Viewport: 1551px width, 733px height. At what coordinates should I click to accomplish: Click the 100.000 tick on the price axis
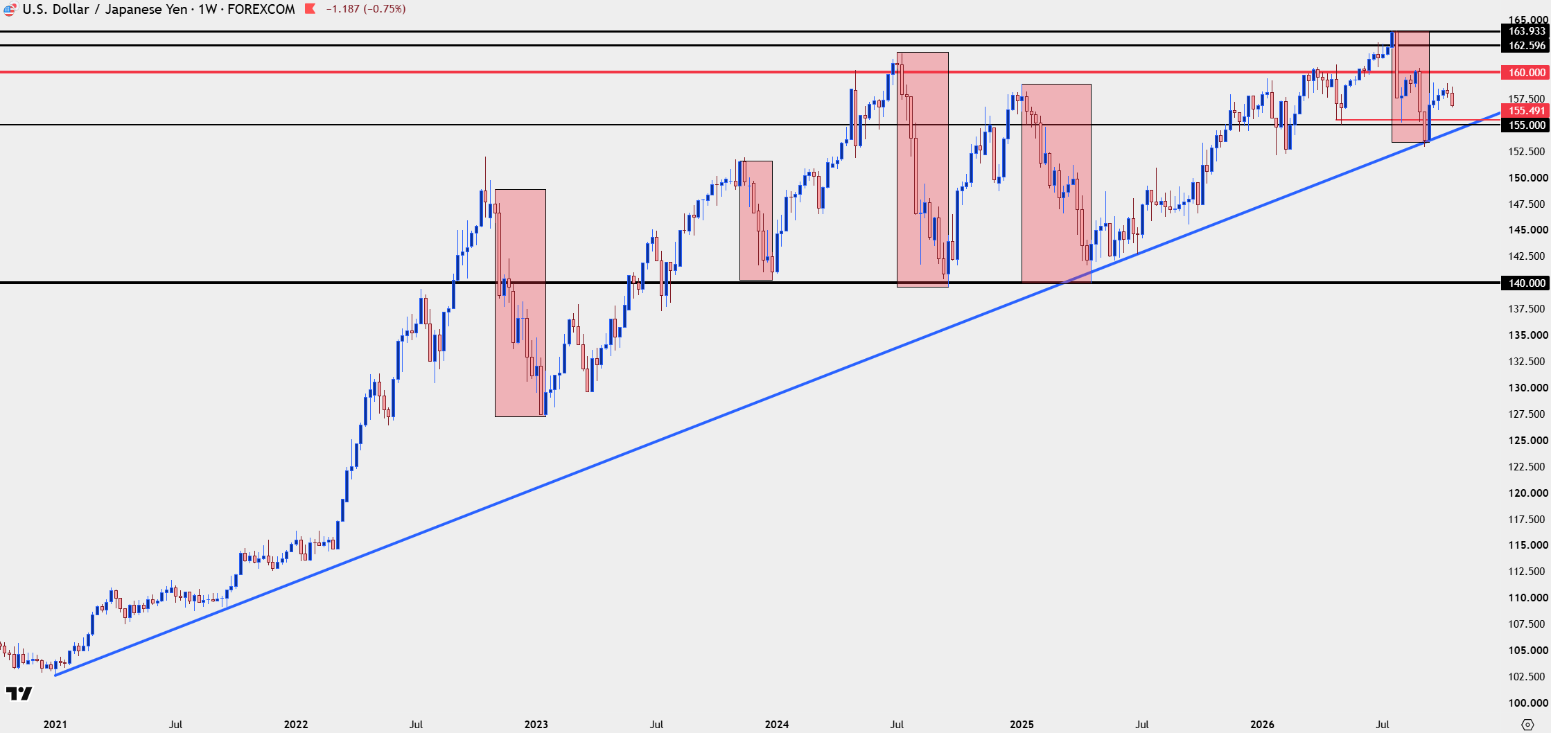pyautogui.click(x=1527, y=703)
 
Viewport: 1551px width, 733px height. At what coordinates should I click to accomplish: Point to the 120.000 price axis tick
pyautogui.click(x=1527, y=493)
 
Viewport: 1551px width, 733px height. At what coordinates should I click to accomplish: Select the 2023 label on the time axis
pyautogui.click(x=536, y=724)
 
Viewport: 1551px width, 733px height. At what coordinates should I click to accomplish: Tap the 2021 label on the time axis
pyautogui.click(x=55, y=724)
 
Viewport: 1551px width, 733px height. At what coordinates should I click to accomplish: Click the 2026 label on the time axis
pyautogui.click(x=1262, y=724)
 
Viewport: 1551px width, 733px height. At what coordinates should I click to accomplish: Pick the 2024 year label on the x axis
pyautogui.click(x=777, y=724)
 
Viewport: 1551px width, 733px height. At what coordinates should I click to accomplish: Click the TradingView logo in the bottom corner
pyautogui.click(x=19, y=694)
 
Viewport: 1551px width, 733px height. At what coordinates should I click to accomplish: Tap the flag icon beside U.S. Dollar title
pyautogui.click(x=10, y=9)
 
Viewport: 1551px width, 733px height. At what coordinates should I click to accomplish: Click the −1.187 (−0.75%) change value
pyautogui.click(x=366, y=9)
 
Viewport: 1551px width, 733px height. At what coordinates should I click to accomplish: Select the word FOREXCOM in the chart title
pyautogui.click(x=261, y=9)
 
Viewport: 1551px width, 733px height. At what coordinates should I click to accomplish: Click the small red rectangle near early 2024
pyautogui.click(x=756, y=220)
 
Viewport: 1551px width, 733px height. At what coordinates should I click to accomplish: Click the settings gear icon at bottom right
pyautogui.click(x=1527, y=725)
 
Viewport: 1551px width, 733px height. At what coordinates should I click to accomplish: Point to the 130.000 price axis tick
pyautogui.click(x=1527, y=387)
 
